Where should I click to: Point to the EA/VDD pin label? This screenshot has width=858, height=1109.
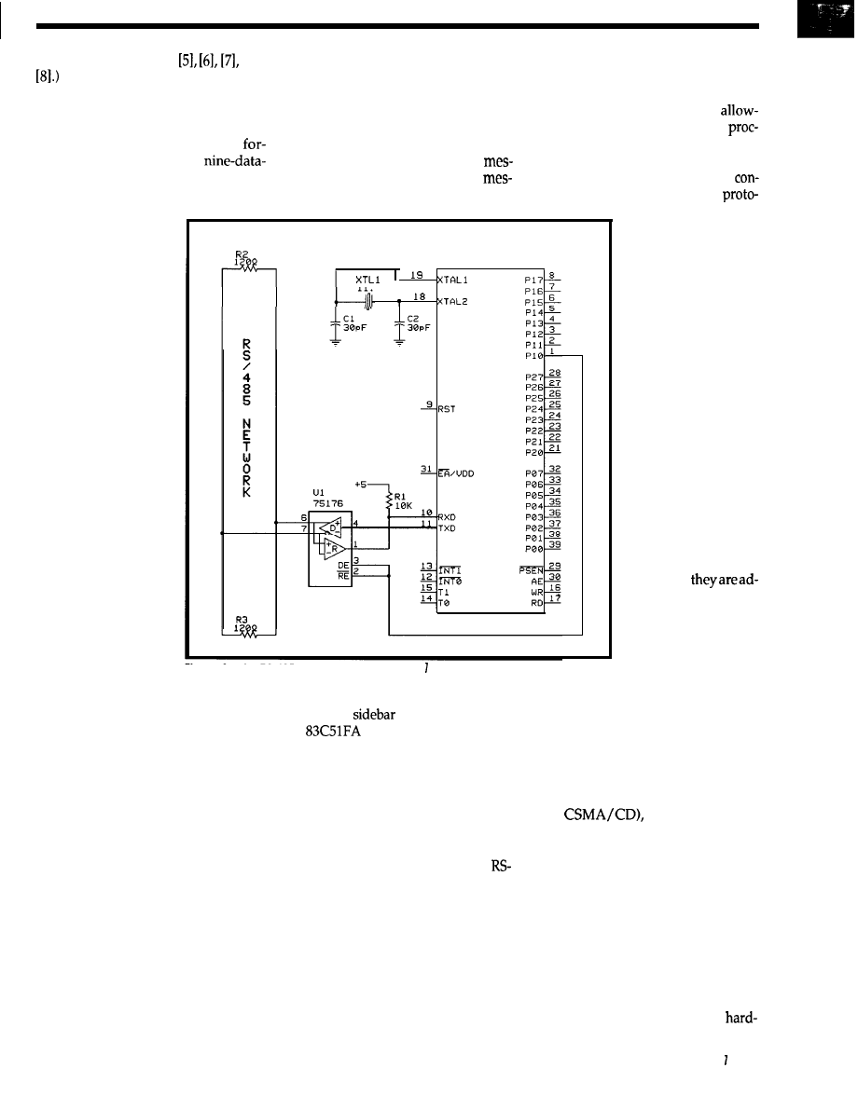(457, 473)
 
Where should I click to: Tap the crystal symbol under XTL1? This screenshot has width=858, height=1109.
(369, 301)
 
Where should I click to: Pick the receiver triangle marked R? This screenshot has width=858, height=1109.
(333, 549)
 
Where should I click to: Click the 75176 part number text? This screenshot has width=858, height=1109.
(329, 500)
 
